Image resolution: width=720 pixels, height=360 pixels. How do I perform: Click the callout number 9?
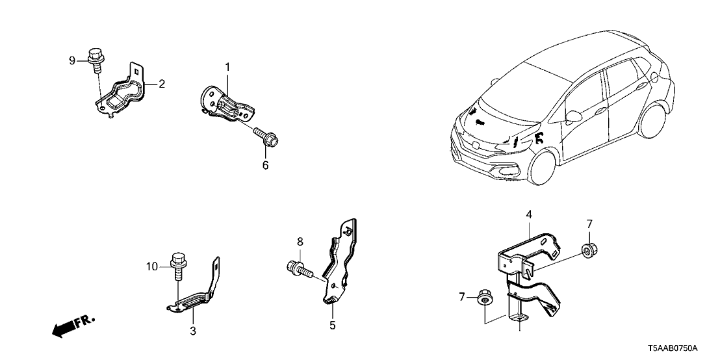(x=72, y=61)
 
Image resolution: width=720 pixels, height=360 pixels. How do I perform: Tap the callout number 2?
(x=162, y=83)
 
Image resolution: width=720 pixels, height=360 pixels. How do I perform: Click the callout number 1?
(x=228, y=67)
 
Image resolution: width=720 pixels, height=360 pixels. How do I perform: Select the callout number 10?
(x=152, y=266)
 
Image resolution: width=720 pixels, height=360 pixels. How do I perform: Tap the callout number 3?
(x=193, y=331)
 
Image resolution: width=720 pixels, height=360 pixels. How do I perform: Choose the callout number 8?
(x=300, y=242)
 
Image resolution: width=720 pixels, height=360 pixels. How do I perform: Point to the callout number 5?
(x=332, y=326)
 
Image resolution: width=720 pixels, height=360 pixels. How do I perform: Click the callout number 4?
(x=529, y=214)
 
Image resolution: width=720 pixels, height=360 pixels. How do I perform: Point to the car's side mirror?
(x=572, y=117)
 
